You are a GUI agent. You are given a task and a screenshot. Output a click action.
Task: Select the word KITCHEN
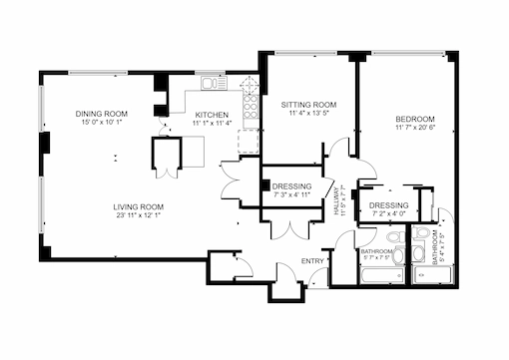(x=212, y=115)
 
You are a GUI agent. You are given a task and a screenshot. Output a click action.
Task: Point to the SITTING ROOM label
(x=307, y=105)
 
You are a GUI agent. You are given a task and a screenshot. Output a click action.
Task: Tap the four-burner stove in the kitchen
(x=250, y=108)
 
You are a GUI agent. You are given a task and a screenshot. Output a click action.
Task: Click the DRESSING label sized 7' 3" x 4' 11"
(x=291, y=186)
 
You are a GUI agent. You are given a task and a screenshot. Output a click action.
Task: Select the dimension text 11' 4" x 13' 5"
(x=307, y=114)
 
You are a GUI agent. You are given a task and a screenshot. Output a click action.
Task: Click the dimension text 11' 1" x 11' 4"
(x=212, y=124)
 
